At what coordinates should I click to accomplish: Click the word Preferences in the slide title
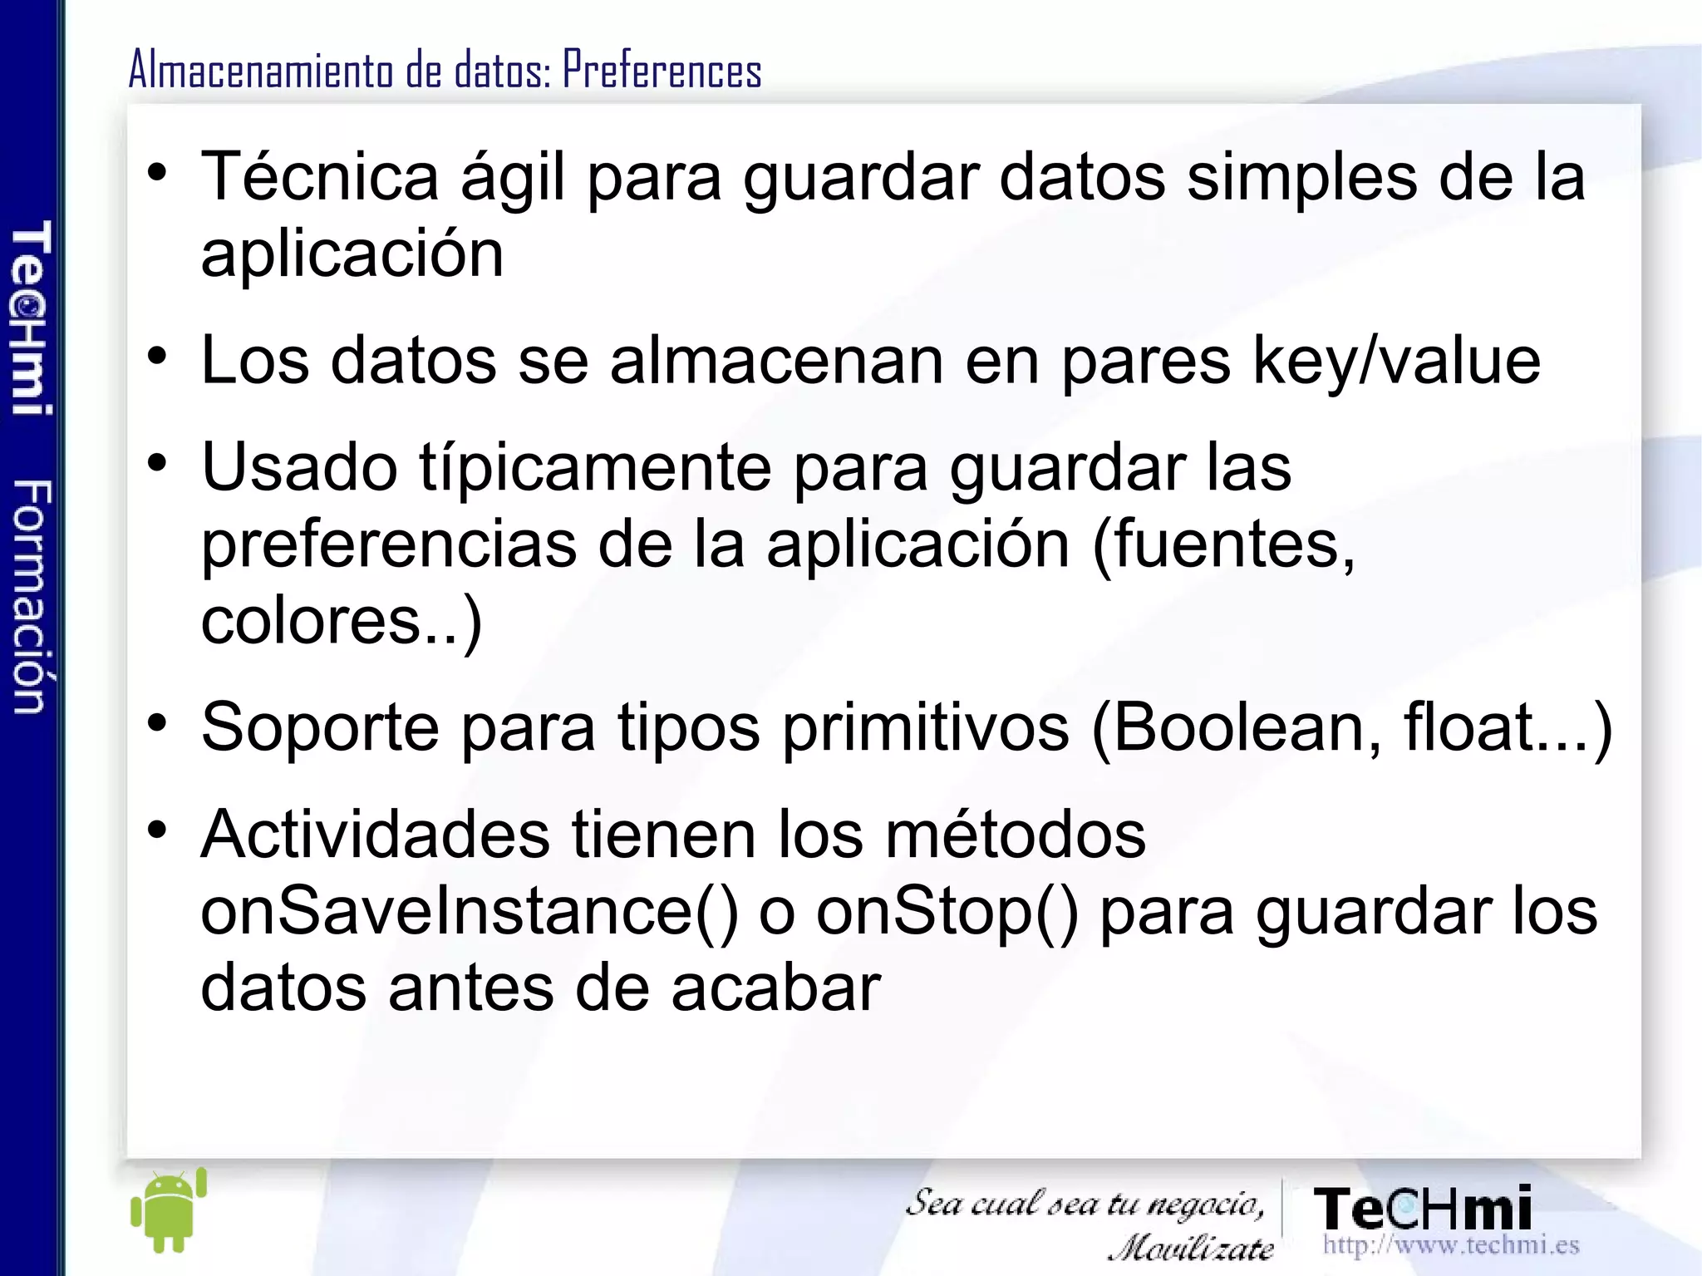tap(662, 70)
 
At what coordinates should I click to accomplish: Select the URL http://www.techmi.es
tap(1451, 1245)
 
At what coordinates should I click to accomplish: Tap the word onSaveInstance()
tap(470, 912)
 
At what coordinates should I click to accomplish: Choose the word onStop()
tap(947, 912)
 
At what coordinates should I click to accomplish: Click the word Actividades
tap(375, 835)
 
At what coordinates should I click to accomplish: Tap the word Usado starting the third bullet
tap(299, 467)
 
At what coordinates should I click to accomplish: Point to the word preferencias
tap(389, 544)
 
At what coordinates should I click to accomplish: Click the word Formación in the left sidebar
tap(32, 596)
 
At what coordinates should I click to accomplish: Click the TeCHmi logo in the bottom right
tap(1423, 1209)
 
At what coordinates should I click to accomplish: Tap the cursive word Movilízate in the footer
tap(1192, 1248)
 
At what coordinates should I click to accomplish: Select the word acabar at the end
tap(776, 988)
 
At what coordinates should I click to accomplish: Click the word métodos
tap(1016, 835)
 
